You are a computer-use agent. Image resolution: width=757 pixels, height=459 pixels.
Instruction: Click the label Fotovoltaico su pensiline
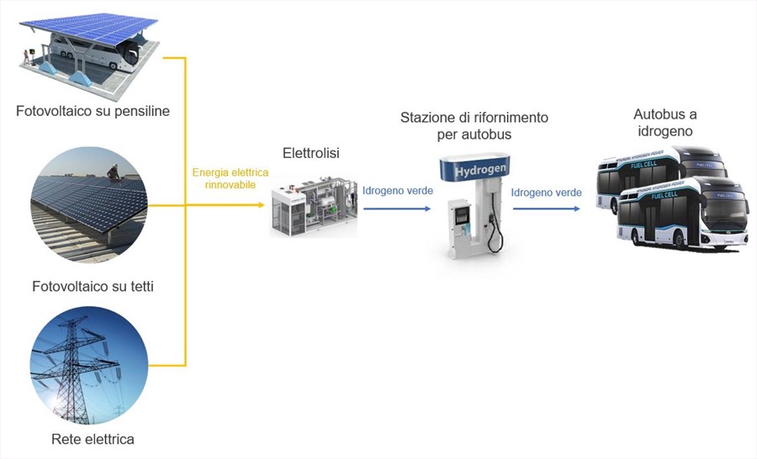tap(93, 111)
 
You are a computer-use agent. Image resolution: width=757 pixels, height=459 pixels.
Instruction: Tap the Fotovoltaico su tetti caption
tap(93, 286)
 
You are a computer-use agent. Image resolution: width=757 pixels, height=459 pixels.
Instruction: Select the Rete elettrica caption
tap(93, 439)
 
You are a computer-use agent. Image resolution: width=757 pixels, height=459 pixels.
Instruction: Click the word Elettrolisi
tap(311, 153)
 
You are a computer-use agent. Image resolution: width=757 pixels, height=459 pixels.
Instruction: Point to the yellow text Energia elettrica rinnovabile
tap(230, 178)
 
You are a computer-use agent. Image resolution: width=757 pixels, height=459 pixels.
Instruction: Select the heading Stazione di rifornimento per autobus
tap(474, 125)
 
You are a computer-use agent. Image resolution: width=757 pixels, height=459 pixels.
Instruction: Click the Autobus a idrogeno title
tap(664, 123)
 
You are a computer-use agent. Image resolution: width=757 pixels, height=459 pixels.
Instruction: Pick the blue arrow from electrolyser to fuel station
tap(397, 209)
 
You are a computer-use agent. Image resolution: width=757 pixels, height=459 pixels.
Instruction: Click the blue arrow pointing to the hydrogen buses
tap(547, 209)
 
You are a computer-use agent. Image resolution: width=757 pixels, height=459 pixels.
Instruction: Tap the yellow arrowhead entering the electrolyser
tap(262, 205)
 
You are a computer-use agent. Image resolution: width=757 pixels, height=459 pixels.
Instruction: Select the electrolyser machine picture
tap(314, 207)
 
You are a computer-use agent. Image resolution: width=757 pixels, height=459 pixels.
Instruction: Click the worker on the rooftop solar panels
tap(113, 172)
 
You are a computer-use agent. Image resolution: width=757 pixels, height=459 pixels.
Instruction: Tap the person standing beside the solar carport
tap(26, 57)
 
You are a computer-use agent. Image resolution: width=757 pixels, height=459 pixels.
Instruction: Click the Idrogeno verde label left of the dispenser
tap(398, 191)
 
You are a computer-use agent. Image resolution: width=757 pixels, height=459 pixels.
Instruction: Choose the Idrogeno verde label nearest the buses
tap(547, 193)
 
